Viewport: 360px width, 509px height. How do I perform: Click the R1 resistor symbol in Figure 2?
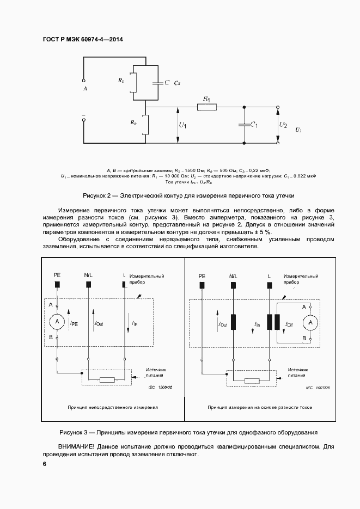point(206,108)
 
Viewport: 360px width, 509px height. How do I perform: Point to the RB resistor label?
point(133,123)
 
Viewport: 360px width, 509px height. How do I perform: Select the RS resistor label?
point(120,81)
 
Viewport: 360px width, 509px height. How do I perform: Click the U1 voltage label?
point(183,126)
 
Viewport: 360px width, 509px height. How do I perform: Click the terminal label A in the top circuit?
point(84,88)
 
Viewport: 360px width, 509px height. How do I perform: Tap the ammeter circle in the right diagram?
point(310,322)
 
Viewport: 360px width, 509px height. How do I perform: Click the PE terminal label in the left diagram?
point(57,276)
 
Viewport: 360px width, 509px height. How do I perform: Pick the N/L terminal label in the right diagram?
point(233,276)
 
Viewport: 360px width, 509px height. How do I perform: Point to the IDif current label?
point(289,324)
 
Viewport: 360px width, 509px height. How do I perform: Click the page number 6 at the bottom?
point(45,463)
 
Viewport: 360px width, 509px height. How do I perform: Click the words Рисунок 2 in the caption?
point(97,195)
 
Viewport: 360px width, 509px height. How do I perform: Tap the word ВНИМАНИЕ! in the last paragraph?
point(78,446)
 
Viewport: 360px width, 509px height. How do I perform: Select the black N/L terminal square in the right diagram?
point(233,285)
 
